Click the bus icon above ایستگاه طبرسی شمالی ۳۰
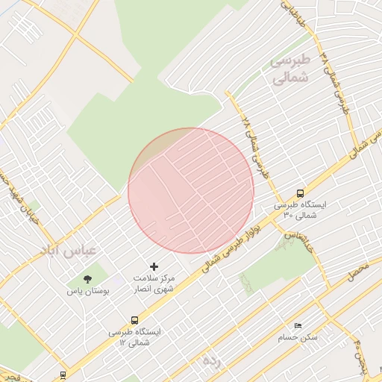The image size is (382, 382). (x=300, y=192)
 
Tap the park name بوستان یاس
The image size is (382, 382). (x=89, y=292)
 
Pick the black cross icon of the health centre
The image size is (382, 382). (x=154, y=266)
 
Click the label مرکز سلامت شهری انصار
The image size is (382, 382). (x=155, y=282)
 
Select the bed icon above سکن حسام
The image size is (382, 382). (x=298, y=326)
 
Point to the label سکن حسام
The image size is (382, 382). (x=298, y=337)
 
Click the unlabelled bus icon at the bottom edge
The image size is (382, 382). (x=63, y=375)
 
